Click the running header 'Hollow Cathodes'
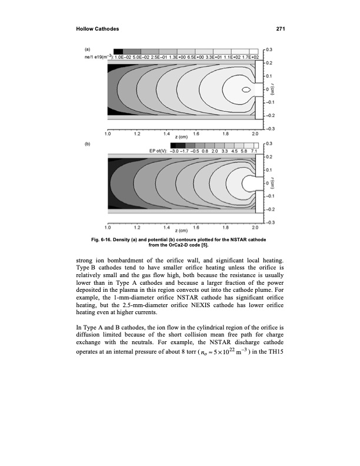[97, 29]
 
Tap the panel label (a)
[87, 49]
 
